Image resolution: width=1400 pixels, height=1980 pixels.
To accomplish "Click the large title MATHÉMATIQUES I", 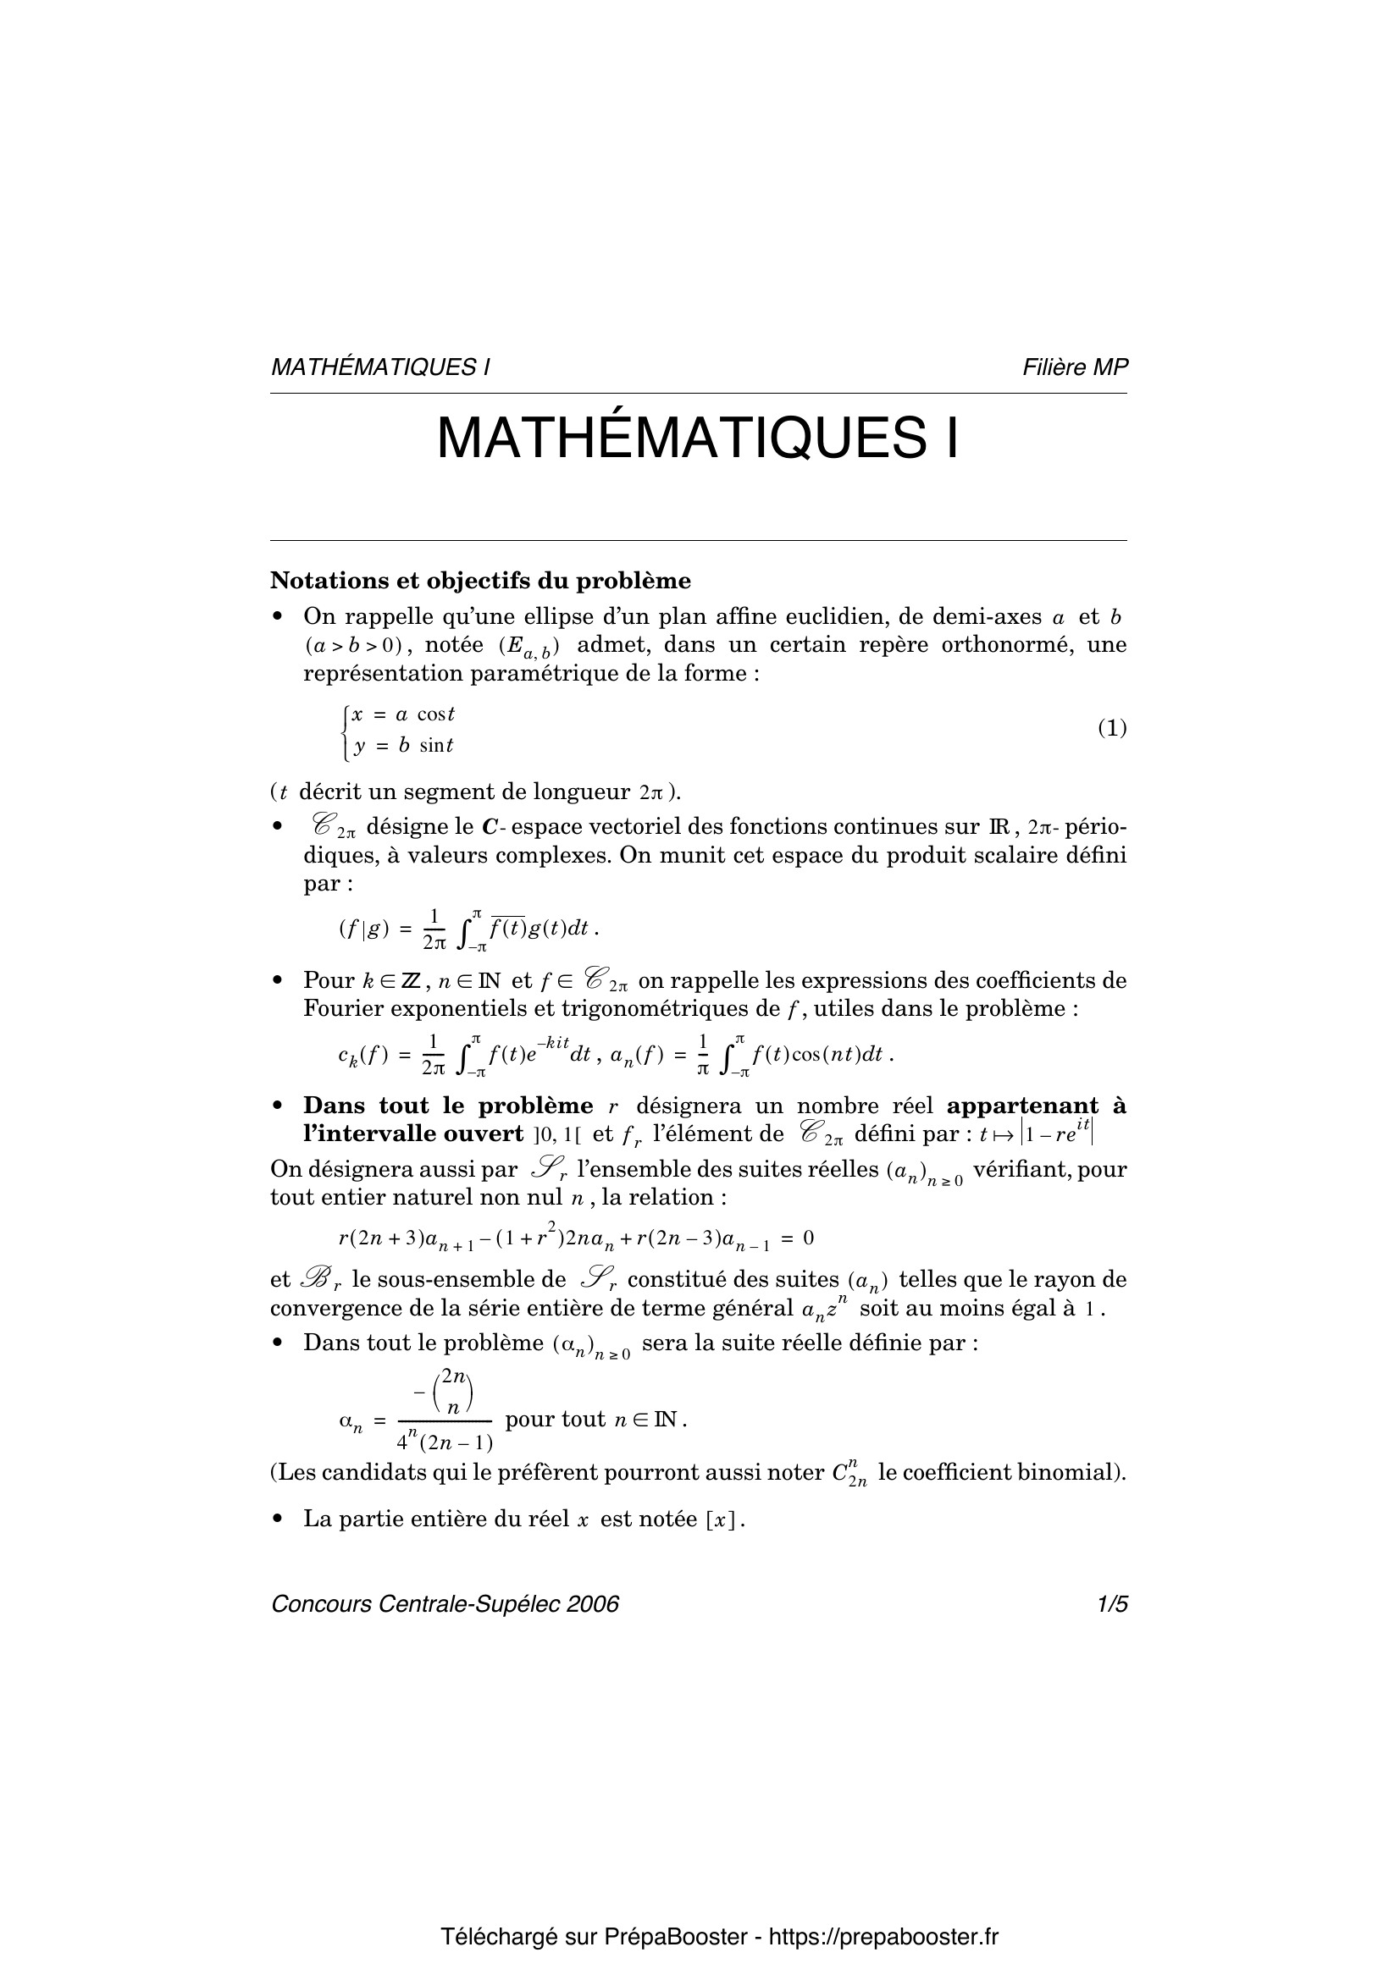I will [698, 439].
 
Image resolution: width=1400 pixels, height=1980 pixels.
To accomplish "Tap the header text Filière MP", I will [1075, 367].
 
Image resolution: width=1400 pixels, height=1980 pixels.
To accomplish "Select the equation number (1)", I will [1112, 729].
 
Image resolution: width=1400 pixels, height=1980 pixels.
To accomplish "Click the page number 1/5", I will [1112, 1605].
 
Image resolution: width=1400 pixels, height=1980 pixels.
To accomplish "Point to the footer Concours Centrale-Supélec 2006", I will [445, 1605].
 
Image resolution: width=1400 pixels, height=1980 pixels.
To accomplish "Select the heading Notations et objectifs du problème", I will [480, 581].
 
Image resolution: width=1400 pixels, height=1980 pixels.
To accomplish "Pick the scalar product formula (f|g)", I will [468, 929].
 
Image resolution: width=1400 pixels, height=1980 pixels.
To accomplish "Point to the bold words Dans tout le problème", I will [448, 1106].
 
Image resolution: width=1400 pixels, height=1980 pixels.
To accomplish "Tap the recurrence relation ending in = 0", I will [576, 1239].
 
